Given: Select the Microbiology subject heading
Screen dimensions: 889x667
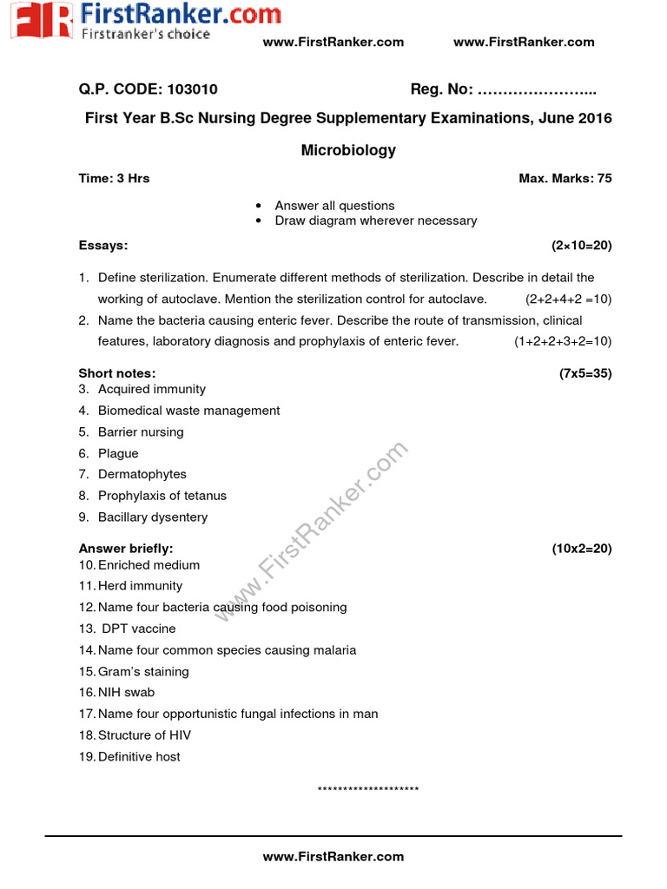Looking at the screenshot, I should point(348,150).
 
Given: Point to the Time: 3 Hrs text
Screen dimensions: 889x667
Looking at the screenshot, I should point(114,178).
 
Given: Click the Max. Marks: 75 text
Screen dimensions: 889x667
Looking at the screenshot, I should point(565,178).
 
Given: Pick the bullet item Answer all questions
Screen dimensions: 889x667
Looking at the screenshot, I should point(334,206).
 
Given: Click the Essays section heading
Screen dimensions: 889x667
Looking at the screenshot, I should point(103,246).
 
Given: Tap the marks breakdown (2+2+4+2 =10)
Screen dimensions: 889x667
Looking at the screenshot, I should point(568,299).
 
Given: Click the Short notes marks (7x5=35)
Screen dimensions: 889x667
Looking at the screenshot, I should point(585,373).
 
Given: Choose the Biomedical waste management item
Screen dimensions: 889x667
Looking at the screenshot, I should point(188,411).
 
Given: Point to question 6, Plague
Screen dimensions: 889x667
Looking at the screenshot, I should point(118,453).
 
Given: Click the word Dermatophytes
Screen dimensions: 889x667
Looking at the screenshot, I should point(142,474).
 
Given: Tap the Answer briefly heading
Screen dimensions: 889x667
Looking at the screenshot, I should point(126,549).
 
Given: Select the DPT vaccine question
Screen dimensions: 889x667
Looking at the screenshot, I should point(138,629).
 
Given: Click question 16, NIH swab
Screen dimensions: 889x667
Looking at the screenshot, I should point(126,693).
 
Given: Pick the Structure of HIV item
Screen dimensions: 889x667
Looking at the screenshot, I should point(144,735).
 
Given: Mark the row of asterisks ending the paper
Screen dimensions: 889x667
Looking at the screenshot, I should point(368,790).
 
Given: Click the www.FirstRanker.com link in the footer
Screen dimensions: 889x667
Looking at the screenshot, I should point(333,856).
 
